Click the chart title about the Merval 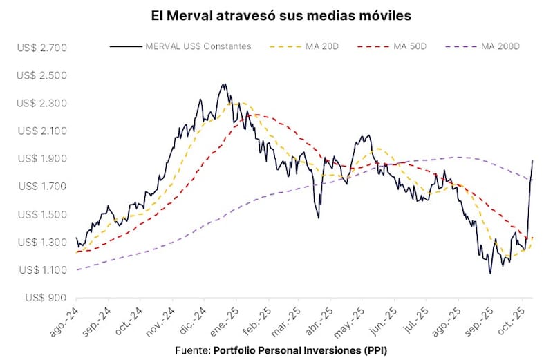[x=276, y=15]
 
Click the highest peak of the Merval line [x=224, y=84]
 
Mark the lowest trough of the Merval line [x=490, y=273]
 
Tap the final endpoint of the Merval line [x=533, y=160]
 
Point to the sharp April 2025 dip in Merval [x=319, y=218]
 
